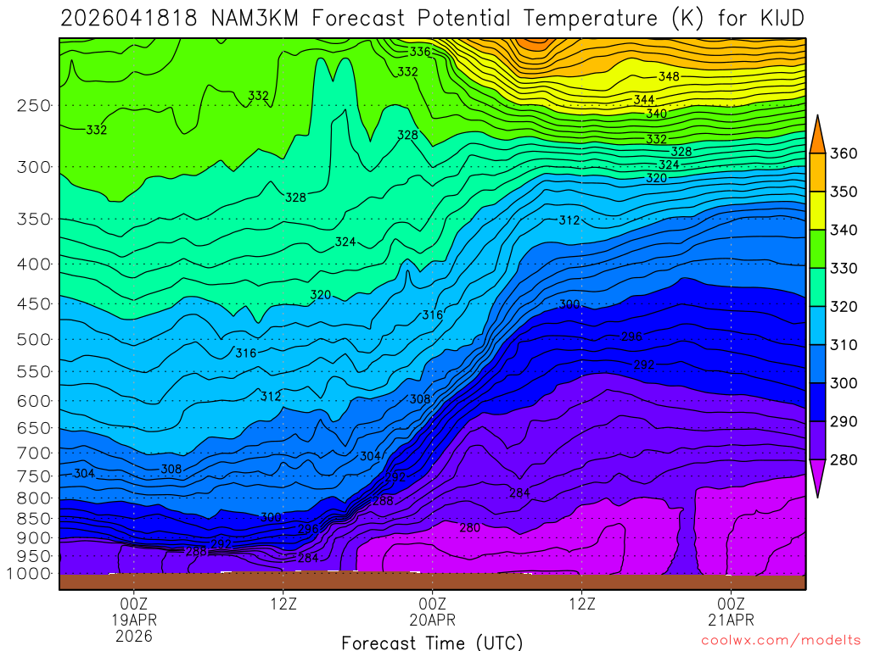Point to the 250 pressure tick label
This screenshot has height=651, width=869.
coord(34,106)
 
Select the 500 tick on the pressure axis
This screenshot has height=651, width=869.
coord(34,340)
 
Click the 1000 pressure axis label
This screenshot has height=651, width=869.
coord(30,574)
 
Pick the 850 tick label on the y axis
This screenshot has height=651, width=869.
coord(34,518)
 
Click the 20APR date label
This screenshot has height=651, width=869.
coord(432,619)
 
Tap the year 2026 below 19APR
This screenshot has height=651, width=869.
coord(134,635)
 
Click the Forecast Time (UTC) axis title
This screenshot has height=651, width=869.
coord(432,642)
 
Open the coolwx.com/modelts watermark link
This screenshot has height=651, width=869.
coord(781,640)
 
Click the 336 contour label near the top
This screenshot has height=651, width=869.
coord(420,53)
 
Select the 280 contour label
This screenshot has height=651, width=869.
coord(469,528)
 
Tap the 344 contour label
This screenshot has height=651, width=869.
coord(643,100)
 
